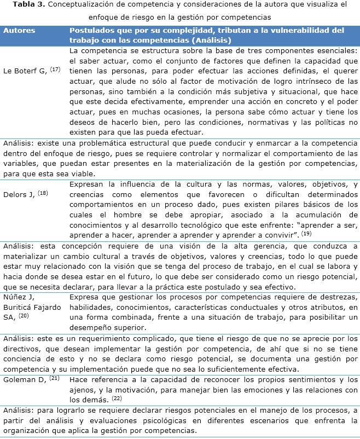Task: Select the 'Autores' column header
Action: point(20,31)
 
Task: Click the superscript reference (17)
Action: point(55,70)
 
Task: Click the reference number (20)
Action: point(24,316)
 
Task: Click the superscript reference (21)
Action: point(55,378)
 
